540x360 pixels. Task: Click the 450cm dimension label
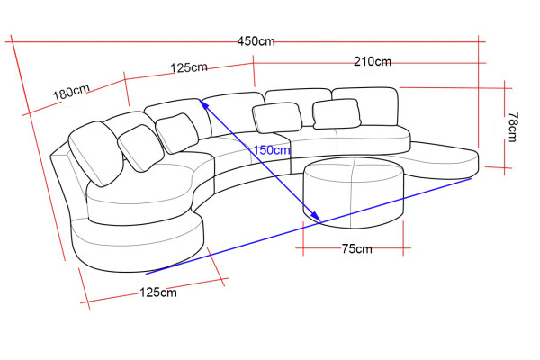[256, 41]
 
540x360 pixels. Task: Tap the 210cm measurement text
[373, 61]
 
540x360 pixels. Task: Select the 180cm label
[71, 92]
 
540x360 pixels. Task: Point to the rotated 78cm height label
[512, 127]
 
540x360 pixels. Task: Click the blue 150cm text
[272, 150]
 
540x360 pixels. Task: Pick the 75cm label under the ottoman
[356, 248]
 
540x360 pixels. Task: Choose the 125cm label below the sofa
[158, 292]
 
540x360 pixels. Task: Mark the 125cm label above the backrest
[189, 67]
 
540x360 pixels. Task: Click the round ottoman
[354, 193]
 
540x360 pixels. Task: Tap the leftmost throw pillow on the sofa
[95, 153]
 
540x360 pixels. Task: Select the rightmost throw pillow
[337, 114]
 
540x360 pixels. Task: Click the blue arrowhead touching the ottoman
[315, 217]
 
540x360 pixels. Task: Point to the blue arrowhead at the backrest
[204, 104]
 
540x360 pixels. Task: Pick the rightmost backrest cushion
[365, 107]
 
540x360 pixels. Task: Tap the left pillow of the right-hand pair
[277, 118]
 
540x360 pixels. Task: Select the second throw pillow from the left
[141, 148]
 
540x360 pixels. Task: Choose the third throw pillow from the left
[176, 133]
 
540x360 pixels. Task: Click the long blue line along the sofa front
[309, 226]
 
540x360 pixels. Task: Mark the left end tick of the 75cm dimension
[303, 243]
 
